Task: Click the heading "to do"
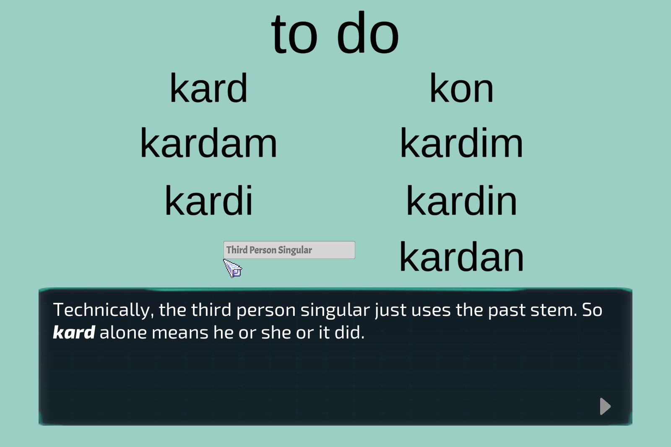[x=335, y=33]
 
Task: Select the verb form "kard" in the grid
[x=208, y=88]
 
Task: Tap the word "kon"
[x=461, y=88]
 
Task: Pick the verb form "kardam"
[x=208, y=143]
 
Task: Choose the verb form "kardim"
[x=461, y=143]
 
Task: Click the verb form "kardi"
[x=209, y=200]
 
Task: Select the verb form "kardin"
[x=461, y=200]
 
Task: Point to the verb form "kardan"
[x=461, y=257]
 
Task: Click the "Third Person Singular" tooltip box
[x=289, y=250]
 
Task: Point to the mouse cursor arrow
[x=232, y=268]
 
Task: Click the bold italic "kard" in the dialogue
[x=74, y=332]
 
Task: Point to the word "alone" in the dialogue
[x=123, y=332]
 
